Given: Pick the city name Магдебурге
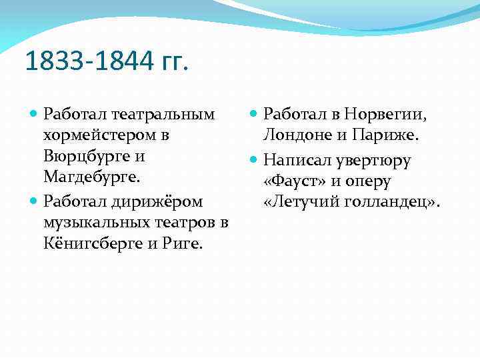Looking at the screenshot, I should [x=89, y=179].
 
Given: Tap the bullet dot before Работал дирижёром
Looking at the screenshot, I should [x=34, y=201].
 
